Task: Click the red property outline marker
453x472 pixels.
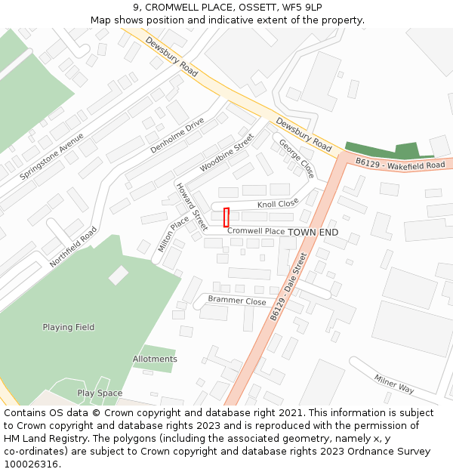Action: point(226,217)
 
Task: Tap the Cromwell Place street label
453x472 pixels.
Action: point(256,231)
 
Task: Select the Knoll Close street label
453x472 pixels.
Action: point(278,204)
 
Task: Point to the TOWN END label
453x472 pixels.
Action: point(313,232)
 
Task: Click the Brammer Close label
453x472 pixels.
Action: point(237,301)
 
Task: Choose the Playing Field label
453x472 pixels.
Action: point(68,327)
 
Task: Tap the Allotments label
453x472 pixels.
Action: point(155,359)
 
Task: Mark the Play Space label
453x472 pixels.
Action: point(99,393)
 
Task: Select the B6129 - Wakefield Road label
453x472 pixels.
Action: point(400,164)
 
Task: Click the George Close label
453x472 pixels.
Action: point(295,157)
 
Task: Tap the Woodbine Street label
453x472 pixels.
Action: point(226,153)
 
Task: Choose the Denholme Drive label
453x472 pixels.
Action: point(177,136)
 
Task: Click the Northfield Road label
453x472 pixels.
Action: point(73,247)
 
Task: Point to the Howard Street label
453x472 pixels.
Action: point(191,206)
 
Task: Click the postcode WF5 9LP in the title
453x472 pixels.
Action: point(288,8)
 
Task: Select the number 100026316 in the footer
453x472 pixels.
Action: point(32,464)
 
